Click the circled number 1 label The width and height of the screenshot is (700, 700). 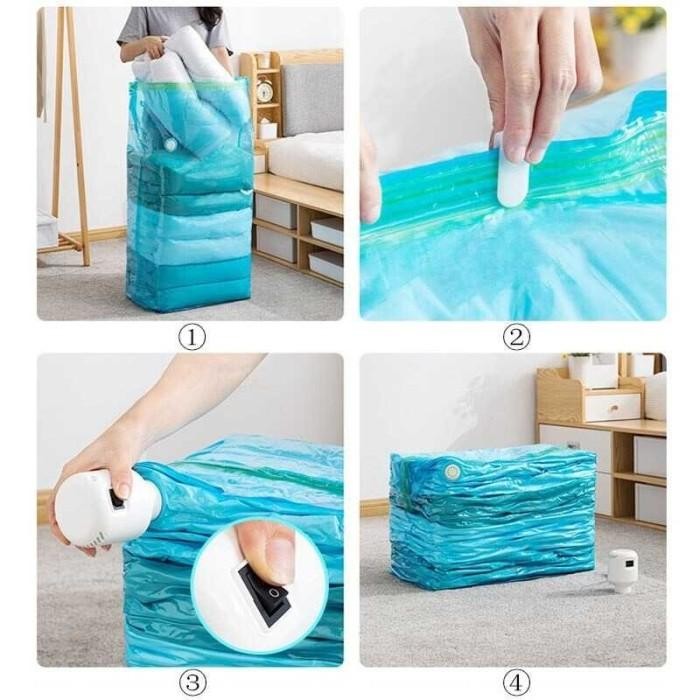[x=192, y=337]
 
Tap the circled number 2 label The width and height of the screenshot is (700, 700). [x=515, y=337]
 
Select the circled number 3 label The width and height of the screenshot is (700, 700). [x=192, y=683]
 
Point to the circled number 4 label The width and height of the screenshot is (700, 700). [x=515, y=683]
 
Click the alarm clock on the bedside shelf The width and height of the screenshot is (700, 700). [x=264, y=91]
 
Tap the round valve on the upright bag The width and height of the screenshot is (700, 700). [x=170, y=145]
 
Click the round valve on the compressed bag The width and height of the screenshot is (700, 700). [x=452, y=470]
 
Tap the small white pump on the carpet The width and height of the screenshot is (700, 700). [x=624, y=570]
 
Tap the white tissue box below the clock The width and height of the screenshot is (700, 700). [x=267, y=129]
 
